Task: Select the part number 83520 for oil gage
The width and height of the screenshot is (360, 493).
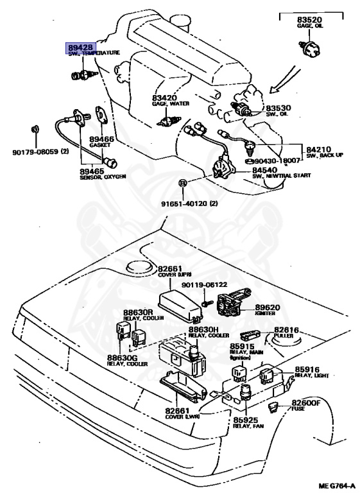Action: tap(309, 20)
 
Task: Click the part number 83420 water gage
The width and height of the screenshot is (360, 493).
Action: tap(164, 98)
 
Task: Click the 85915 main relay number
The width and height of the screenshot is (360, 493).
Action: tap(242, 347)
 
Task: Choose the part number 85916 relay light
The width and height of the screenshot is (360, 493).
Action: tap(307, 370)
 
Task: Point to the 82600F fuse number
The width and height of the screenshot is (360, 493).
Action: tap(305, 404)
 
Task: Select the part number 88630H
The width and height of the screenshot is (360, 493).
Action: tap(201, 329)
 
